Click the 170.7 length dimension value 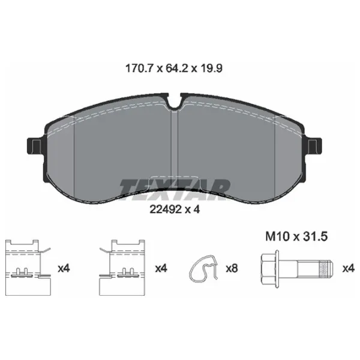pos(139,68)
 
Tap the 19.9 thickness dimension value pos(211,68)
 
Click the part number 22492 pos(166,209)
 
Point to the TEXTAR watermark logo pos(175,190)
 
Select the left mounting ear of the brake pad pos(34,146)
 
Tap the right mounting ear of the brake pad pos(314,146)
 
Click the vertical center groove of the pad pos(175,149)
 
